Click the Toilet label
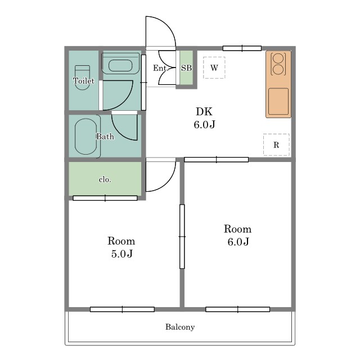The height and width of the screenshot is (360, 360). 84,81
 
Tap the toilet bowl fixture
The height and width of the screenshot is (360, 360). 83,78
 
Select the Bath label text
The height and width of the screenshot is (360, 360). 105,136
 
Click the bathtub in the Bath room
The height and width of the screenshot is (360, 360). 86,136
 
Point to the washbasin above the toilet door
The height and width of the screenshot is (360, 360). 120,65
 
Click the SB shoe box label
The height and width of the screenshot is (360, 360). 186,67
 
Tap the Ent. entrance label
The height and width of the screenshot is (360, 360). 160,68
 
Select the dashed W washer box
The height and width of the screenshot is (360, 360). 214,67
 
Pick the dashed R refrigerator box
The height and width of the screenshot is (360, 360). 276,145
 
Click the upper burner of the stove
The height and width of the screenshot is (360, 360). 278,58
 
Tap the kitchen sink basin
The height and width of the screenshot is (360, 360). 278,101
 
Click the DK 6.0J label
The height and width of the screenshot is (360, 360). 204,118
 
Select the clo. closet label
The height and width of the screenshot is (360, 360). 105,179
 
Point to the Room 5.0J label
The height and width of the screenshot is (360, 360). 121,247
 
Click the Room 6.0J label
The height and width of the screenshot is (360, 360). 238,235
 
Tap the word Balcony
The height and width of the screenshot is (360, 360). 180,327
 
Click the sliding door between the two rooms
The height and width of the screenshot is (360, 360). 182,236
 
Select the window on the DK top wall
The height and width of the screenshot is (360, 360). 242,48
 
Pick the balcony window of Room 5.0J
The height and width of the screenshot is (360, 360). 122,309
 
